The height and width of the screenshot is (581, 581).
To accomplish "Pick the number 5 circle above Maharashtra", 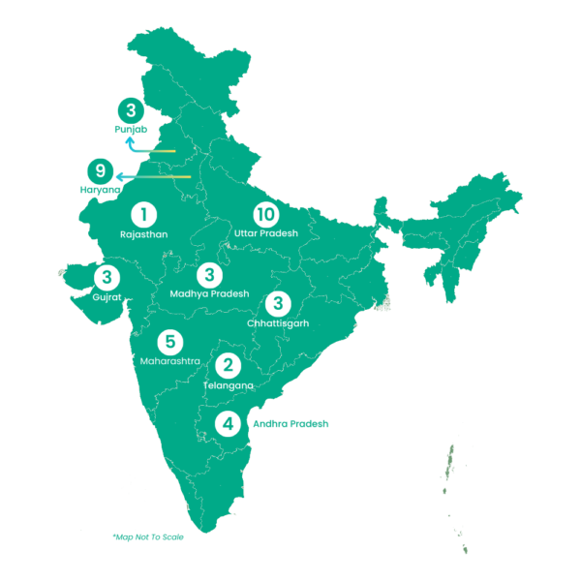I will (169, 342).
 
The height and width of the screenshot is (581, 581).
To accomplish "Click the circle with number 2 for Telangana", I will (229, 366).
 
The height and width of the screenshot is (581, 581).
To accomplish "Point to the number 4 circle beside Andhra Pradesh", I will (228, 423).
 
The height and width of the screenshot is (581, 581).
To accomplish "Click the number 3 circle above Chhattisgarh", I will (277, 303).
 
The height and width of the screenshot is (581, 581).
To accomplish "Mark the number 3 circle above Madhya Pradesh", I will (209, 274).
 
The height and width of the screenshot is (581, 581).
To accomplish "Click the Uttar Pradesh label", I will (265, 234).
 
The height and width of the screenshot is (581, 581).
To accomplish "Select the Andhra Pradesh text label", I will (290, 423).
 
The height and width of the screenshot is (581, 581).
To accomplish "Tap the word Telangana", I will (229, 385).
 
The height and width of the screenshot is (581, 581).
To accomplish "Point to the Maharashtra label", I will (169, 361).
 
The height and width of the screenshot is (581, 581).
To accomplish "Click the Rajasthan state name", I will (144, 234).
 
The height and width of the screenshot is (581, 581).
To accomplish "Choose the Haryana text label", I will (100, 191).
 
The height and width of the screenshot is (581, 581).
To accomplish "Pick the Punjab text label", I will (130, 129).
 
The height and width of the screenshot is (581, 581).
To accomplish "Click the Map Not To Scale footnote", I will (148, 536).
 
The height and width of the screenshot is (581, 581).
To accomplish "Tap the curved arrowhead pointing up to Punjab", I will (133, 140).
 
